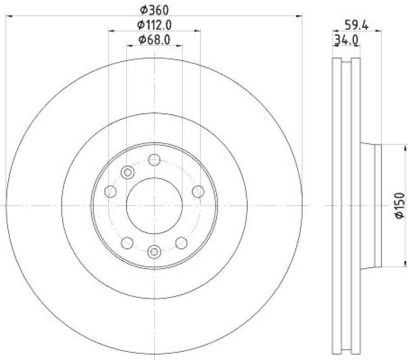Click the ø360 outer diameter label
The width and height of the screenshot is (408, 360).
pyautogui.click(x=154, y=9)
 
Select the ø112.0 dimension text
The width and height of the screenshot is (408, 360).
pyautogui.click(x=154, y=23)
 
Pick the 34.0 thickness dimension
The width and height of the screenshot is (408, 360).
pyautogui.click(x=345, y=39)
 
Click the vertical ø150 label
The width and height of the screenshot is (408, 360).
pyautogui.click(x=399, y=205)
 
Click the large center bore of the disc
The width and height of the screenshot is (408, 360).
pyautogui.click(x=154, y=205)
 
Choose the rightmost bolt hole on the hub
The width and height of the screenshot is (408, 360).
pyautogui.click(x=198, y=191)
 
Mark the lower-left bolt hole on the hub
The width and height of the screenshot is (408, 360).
pyautogui.click(x=127, y=242)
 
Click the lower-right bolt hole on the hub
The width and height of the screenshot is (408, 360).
pyautogui.click(x=181, y=242)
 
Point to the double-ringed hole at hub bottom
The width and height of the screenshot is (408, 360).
pyautogui.click(x=155, y=250)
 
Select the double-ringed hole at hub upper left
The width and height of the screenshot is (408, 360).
pyautogui.click(x=128, y=172)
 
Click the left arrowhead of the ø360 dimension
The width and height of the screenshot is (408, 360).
pyautogui.click(x=9, y=16)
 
